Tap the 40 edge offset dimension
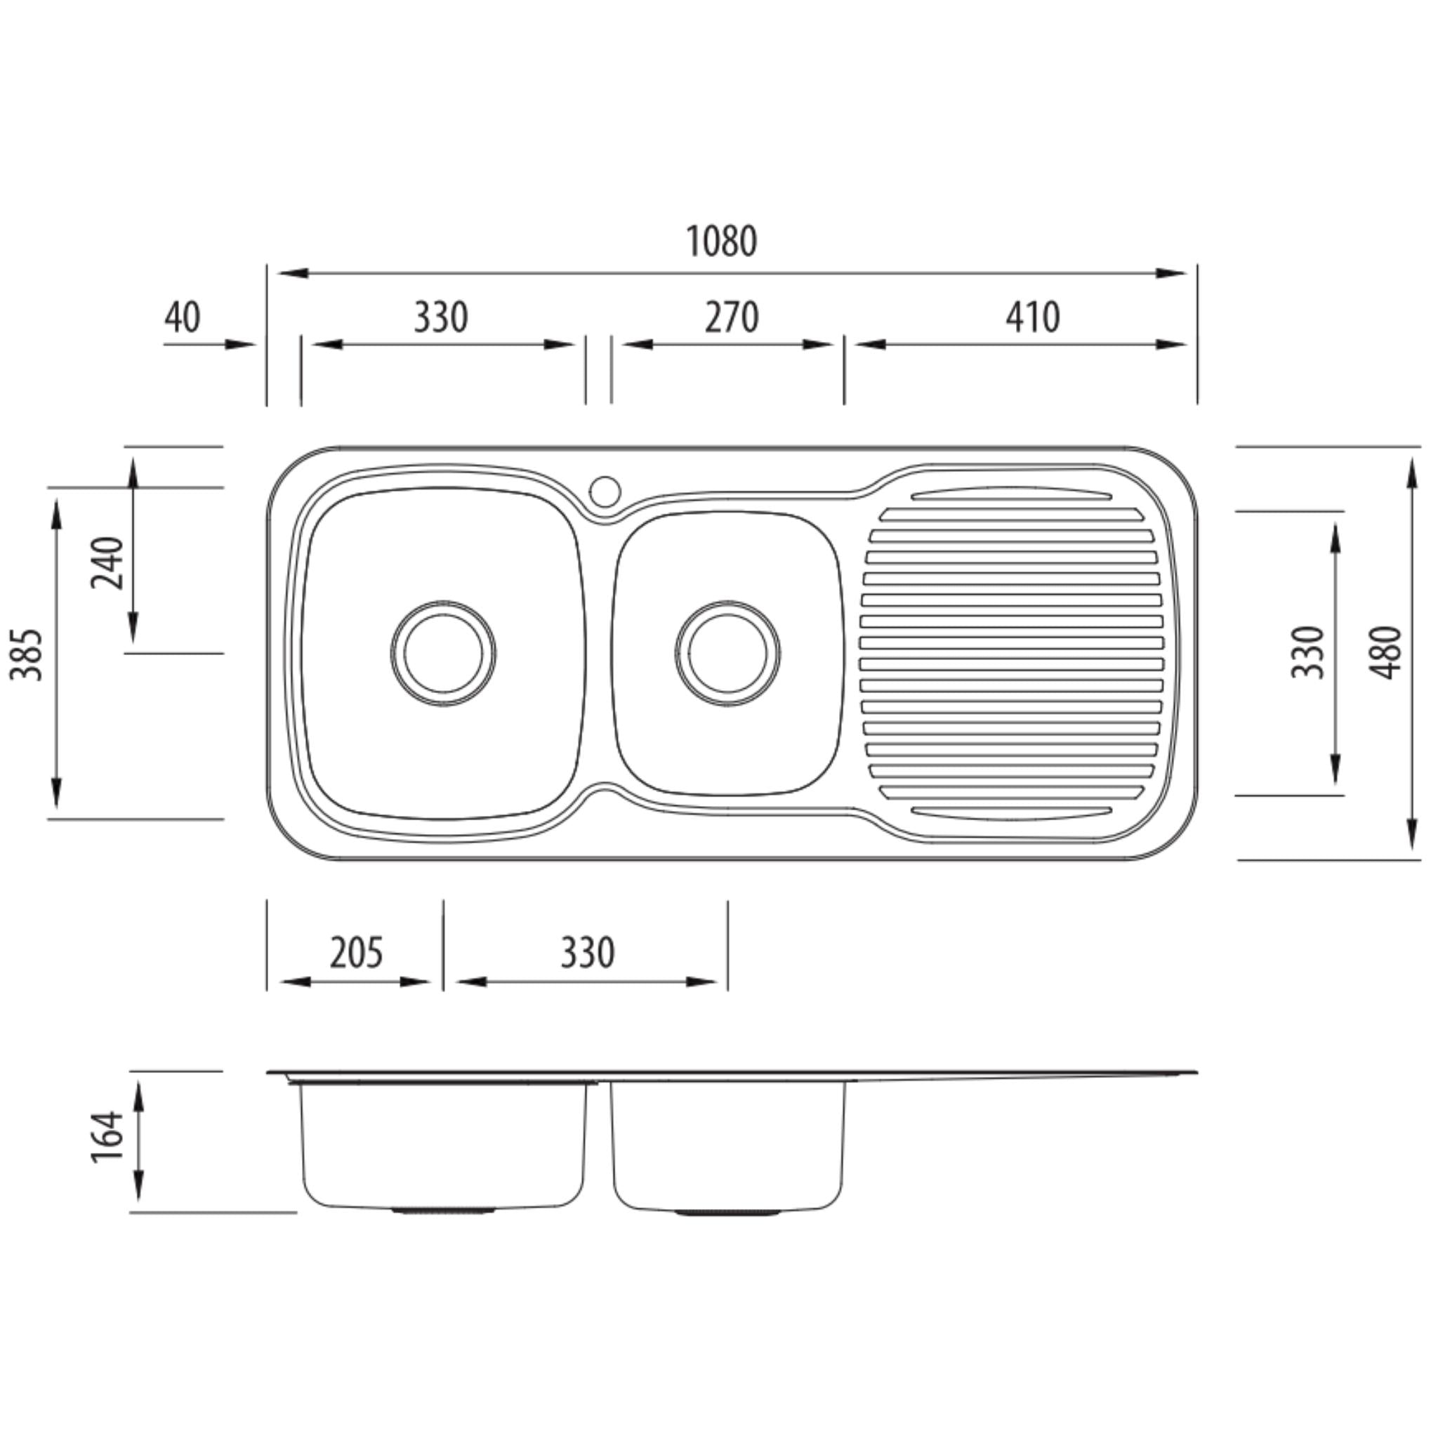coord(183,318)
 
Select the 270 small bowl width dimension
coord(731,318)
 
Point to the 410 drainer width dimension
coord(1032,318)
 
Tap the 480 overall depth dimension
coord(1386,653)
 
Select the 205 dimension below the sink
coord(356,954)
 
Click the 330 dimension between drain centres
coord(587,954)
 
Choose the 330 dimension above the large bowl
coord(441,318)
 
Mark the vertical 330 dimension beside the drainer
coord(1307,653)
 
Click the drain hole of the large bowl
coord(443,654)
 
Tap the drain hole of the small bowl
coord(728,654)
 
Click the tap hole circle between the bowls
coord(605,492)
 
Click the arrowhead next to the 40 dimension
coord(239,345)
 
